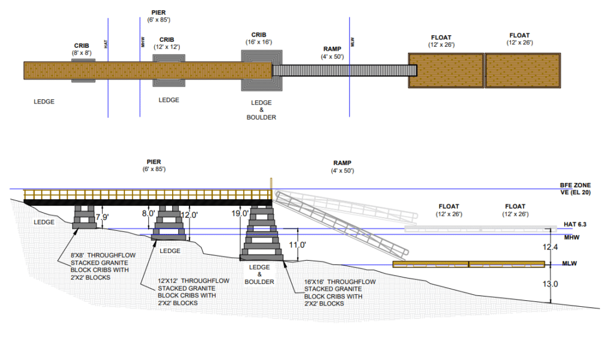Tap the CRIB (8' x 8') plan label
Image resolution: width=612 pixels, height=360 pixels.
point(82,49)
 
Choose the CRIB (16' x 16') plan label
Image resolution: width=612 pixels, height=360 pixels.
point(258,39)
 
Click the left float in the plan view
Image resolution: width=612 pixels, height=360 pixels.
point(446,70)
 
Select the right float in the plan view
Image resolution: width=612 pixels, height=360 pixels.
point(523,70)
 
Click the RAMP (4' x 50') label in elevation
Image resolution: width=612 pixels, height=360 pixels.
point(342,167)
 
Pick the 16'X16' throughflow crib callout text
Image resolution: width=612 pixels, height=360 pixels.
point(340,292)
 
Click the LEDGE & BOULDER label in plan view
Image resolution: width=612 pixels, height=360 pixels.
point(261,110)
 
